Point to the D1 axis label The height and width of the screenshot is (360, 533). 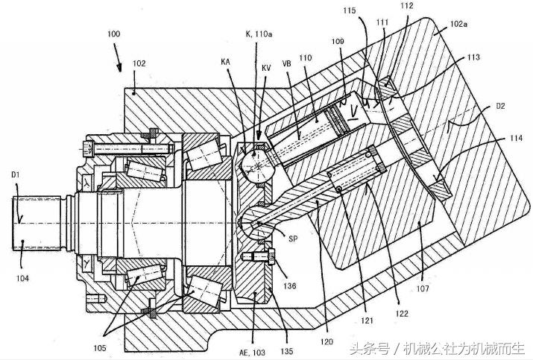pos(19,175)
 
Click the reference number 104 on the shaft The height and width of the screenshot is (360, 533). pos(22,277)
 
